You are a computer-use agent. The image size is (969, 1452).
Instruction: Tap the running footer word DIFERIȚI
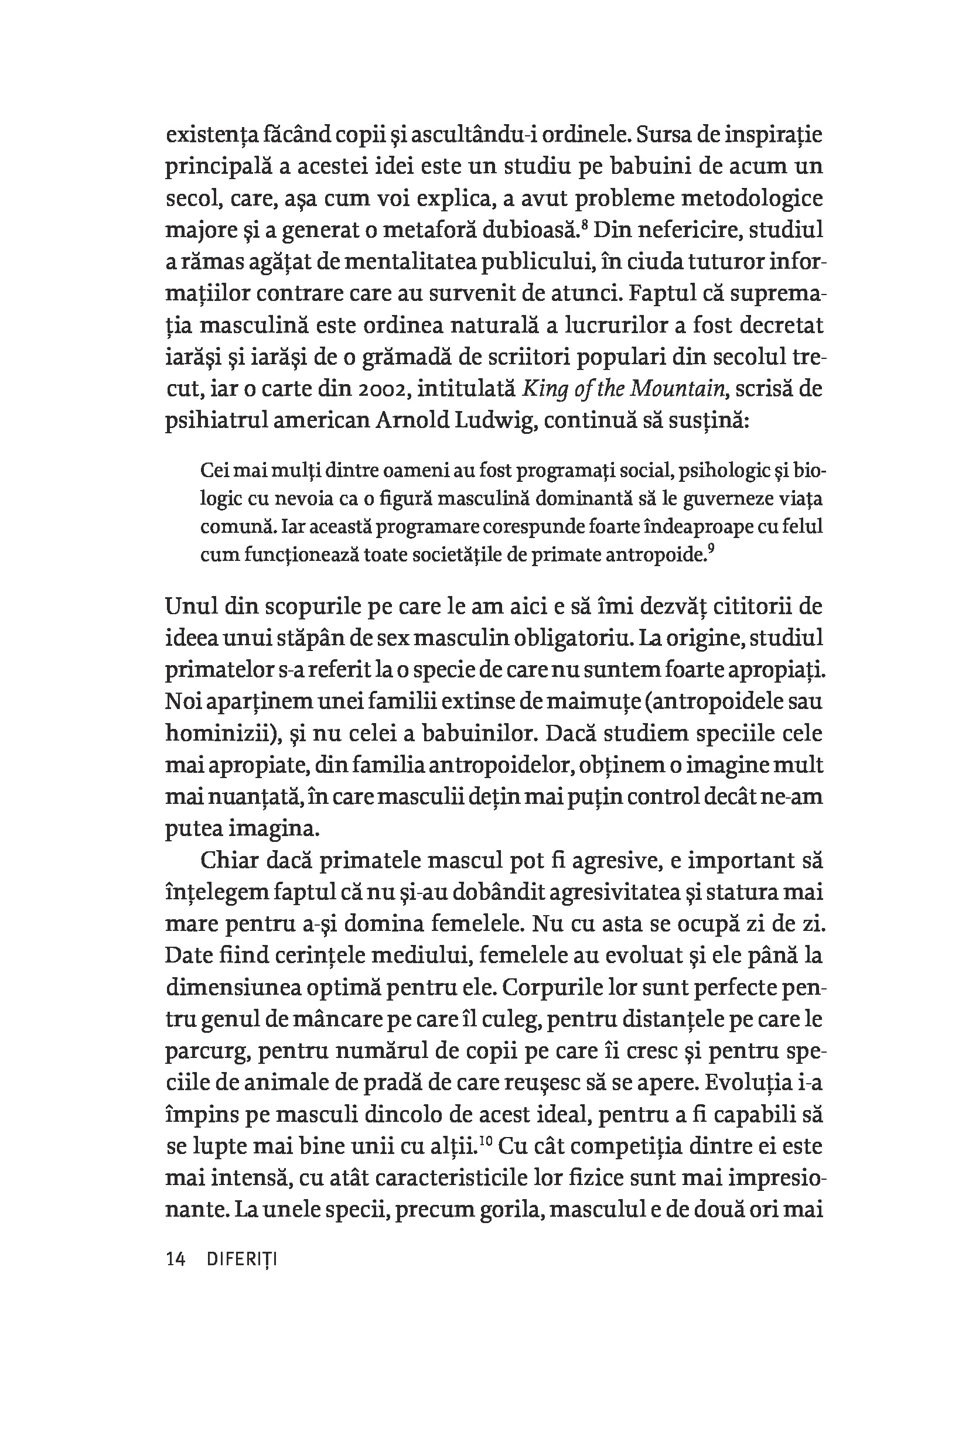click(x=241, y=1259)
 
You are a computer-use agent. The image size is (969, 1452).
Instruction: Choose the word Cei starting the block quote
click(x=215, y=471)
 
